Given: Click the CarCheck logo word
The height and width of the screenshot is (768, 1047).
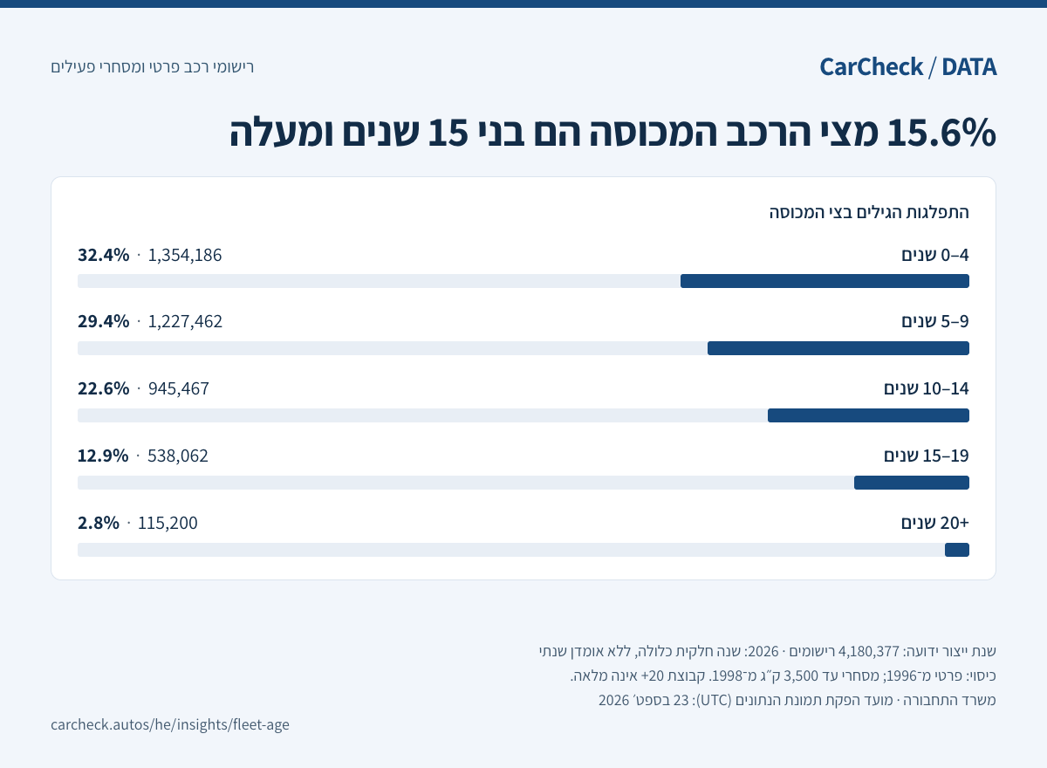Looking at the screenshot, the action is [x=872, y=67].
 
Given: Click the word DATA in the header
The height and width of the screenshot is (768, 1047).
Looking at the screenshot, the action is [x=969, y=67].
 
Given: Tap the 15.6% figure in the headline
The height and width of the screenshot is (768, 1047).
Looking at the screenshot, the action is [x=941, y=133].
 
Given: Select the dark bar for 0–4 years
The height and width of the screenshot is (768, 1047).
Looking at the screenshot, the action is [x=825, y=281].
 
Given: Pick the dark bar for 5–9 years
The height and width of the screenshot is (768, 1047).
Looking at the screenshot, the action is [x=838, y=348].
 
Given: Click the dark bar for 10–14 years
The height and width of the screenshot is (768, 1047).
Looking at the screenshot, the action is [x=868, y=415].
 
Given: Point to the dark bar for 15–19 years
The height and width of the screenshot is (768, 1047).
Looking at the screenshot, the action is [x=912, y=483].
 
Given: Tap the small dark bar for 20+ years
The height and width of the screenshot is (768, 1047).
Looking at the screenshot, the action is [x=957, y=550].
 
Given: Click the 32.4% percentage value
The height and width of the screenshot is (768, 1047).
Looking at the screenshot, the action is [x=103, y=255].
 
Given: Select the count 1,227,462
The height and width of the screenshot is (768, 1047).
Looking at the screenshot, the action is [x=185, y=321].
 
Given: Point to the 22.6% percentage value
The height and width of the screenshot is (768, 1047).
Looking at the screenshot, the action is [x=103, y=389].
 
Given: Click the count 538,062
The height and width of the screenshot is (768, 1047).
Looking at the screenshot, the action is [x=178, y=456].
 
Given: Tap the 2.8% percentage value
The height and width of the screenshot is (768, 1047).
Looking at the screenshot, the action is [x=98, y=523].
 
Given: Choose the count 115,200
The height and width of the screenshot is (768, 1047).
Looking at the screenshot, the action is [x=168, y=523].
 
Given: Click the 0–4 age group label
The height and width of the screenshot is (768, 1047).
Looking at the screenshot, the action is [x=935, y=255].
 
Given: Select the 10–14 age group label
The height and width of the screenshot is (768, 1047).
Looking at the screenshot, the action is [x=927, y=389].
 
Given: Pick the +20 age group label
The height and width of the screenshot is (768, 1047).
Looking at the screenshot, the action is [x=934, y=523].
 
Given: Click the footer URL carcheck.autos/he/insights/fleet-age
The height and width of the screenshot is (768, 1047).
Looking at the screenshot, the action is [x=170, y=724].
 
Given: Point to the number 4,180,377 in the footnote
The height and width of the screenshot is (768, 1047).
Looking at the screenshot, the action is [x=869, y=651].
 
